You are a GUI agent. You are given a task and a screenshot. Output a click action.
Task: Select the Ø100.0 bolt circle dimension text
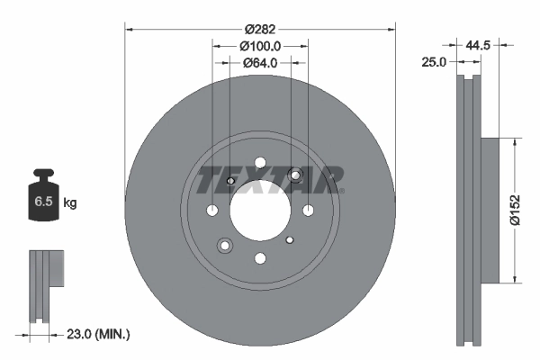coord(260,45)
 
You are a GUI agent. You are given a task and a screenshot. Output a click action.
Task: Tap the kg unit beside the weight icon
coord(70,203)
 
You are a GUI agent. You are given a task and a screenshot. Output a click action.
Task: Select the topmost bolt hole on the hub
coord(260,163)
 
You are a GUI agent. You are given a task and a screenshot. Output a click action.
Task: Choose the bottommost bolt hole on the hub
coord(260,259)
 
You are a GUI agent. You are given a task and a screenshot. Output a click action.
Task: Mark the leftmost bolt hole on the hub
coord(212,211)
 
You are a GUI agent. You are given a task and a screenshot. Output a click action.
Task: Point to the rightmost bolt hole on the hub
coord(308,211)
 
